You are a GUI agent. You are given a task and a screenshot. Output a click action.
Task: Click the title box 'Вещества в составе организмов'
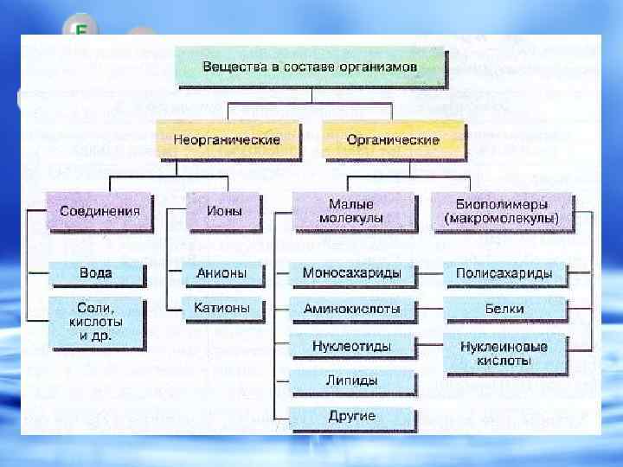311,67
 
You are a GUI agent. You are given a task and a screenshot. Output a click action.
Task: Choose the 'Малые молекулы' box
350,211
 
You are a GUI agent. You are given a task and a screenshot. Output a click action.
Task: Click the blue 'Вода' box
96,273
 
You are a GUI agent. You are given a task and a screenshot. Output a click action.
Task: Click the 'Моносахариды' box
351,273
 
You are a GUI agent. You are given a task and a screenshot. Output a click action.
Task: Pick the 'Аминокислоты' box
351,308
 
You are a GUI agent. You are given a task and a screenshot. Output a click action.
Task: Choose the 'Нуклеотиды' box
351,346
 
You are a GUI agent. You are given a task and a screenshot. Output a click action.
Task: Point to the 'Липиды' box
351,381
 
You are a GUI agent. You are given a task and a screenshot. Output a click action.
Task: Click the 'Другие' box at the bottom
351,416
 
